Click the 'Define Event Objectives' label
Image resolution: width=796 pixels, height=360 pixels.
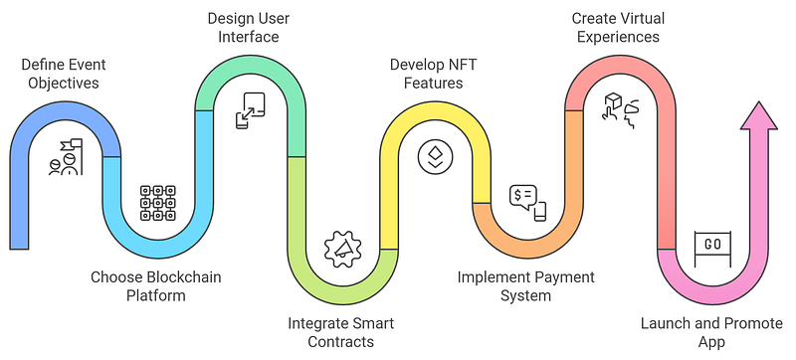(64, 74)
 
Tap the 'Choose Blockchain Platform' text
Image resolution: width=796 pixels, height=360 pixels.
(156, 286)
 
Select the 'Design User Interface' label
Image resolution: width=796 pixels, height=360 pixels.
(249, 28)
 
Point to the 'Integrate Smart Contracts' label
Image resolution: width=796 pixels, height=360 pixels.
(341, 332)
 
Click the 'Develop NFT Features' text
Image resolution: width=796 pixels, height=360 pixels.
(434, 74)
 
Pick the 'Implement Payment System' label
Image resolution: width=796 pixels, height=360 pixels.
(526, 286)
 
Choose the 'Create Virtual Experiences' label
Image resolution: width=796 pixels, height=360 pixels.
(618, 28)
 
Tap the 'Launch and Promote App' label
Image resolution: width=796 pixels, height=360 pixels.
(711, 332)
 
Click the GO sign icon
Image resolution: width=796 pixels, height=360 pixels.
(712, 249)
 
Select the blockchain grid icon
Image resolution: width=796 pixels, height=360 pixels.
(158, 203)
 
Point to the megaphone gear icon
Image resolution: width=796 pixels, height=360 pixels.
(342, 249)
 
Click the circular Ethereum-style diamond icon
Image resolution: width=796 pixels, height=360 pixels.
(435, 157)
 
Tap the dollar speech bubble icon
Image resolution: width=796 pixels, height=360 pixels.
(528, 203)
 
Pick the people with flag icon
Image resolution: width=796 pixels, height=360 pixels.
(66, 157)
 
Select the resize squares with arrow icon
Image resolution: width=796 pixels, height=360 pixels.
(251, 110)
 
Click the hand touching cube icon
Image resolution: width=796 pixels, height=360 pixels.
(620, 110)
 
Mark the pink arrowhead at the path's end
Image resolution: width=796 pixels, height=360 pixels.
(758, 115)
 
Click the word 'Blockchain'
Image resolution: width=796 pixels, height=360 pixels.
(184, 277)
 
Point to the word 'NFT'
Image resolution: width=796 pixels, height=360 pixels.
(463, 66)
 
